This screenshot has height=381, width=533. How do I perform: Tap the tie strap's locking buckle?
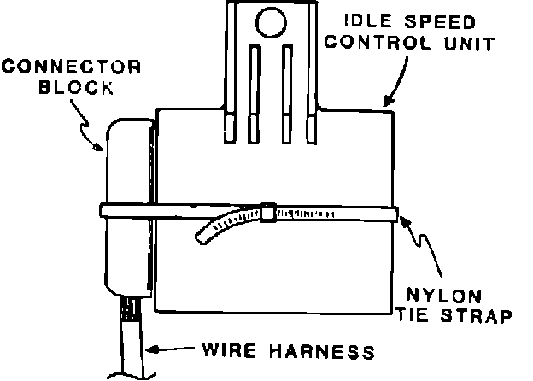coord(267,211)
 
